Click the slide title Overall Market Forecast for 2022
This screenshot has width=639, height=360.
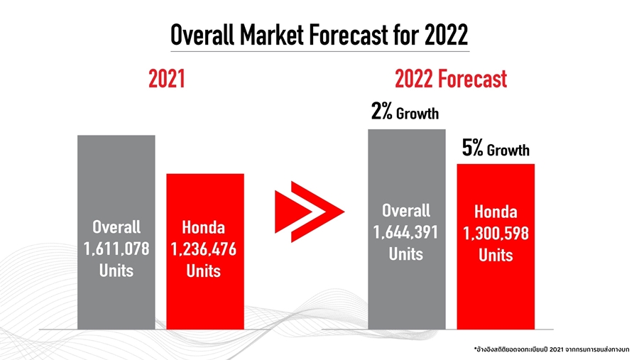click(x=319, y=34)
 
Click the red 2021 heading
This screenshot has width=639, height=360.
click(x=167, y=79)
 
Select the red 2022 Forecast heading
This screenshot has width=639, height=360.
click(x=451, y=79)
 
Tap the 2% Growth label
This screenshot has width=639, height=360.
click(x=405, y=112)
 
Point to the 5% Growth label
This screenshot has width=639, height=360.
click(x=495, y=149)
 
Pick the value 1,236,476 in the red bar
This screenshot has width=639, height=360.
click(x=204, y=249)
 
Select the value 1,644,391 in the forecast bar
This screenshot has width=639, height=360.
click(x=406, y=232)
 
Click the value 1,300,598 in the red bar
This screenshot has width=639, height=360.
click(x=496, y=234)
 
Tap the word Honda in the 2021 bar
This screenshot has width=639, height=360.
click(x=204, y=228)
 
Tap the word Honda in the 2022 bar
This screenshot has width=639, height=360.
click(x=496, y=212)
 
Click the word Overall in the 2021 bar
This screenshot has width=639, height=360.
click(x=116, y=227)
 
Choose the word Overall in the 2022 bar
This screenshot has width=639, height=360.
click(x=406, y=210)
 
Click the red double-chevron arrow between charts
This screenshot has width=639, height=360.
click(x=308, y=210)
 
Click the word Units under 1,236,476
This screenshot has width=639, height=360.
click(x=204, y=271)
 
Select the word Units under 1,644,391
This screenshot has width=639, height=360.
click(x=406, y=253)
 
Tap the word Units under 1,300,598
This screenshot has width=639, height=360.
click(x=496, y=255)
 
